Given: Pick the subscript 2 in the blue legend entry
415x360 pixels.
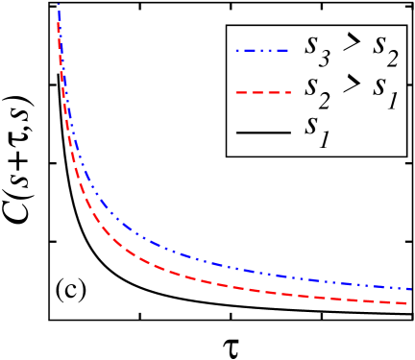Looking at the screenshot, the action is (396, 60).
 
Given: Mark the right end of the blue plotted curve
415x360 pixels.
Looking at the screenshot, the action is (411, 288).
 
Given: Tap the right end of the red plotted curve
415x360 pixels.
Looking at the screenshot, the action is (411, 303).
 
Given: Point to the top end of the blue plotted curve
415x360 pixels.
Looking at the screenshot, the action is (60, 6).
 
